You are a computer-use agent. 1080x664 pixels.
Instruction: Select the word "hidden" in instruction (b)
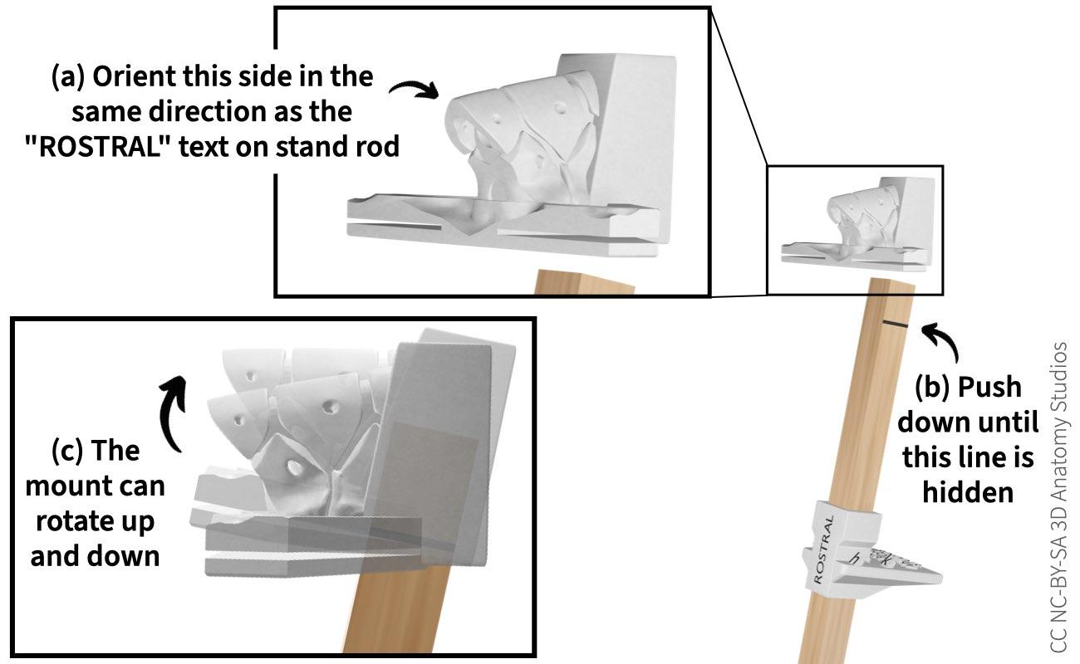(x=968, y=492)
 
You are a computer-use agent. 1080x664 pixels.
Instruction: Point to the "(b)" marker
(x=933, y=387)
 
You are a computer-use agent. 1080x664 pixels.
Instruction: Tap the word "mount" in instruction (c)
(x=70, y=486)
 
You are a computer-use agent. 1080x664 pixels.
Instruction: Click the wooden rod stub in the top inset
(x=582, y=282)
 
